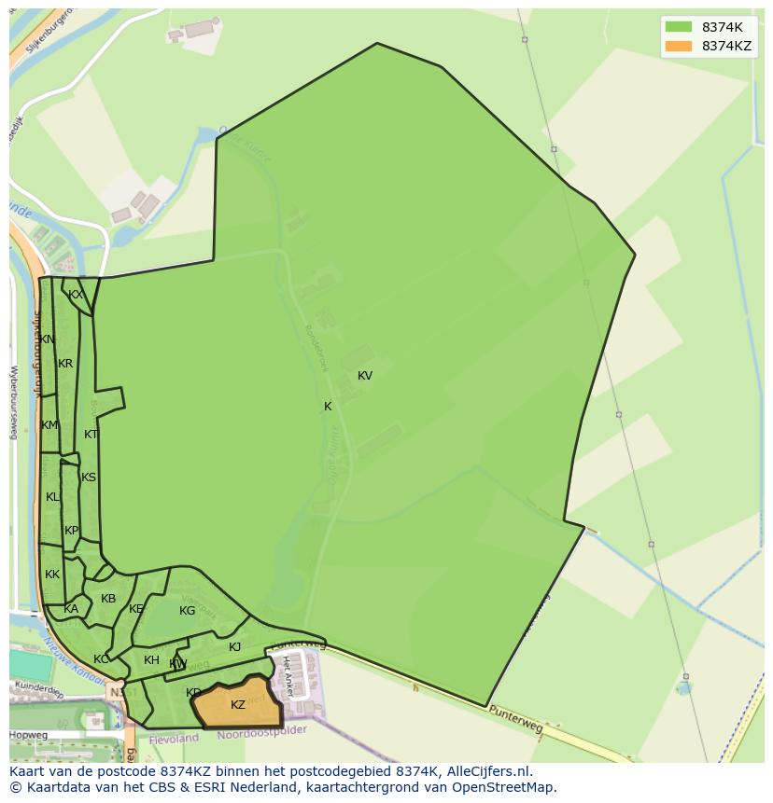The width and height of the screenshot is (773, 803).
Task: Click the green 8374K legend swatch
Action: pos(680,27)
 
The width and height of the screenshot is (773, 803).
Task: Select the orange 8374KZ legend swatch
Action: pos(680,46)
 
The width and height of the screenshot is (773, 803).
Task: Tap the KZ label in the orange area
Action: pos(238,705)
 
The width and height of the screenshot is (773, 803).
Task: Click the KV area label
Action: pos(365,376)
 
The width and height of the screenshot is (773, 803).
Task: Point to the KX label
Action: pos(76,295)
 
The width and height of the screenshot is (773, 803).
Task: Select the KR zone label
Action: pos(65,364)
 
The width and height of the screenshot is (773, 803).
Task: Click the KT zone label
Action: pos(91,435)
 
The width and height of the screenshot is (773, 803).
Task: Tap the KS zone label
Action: pos(89,478)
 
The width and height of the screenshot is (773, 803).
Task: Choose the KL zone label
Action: pos(52,497)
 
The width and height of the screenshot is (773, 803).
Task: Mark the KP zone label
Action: pos(72,531)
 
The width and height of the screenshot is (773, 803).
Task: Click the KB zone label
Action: pos(108,599)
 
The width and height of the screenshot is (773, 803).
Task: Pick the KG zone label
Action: pos(187,611)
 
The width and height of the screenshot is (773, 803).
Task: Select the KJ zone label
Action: pos(235,647)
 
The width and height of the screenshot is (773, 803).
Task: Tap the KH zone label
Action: pos(151,660)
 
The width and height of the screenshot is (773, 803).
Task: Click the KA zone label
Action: pos(71,609)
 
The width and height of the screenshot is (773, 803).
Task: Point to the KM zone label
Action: pos(49,425)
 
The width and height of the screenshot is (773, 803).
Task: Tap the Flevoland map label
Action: pos(173,738)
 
